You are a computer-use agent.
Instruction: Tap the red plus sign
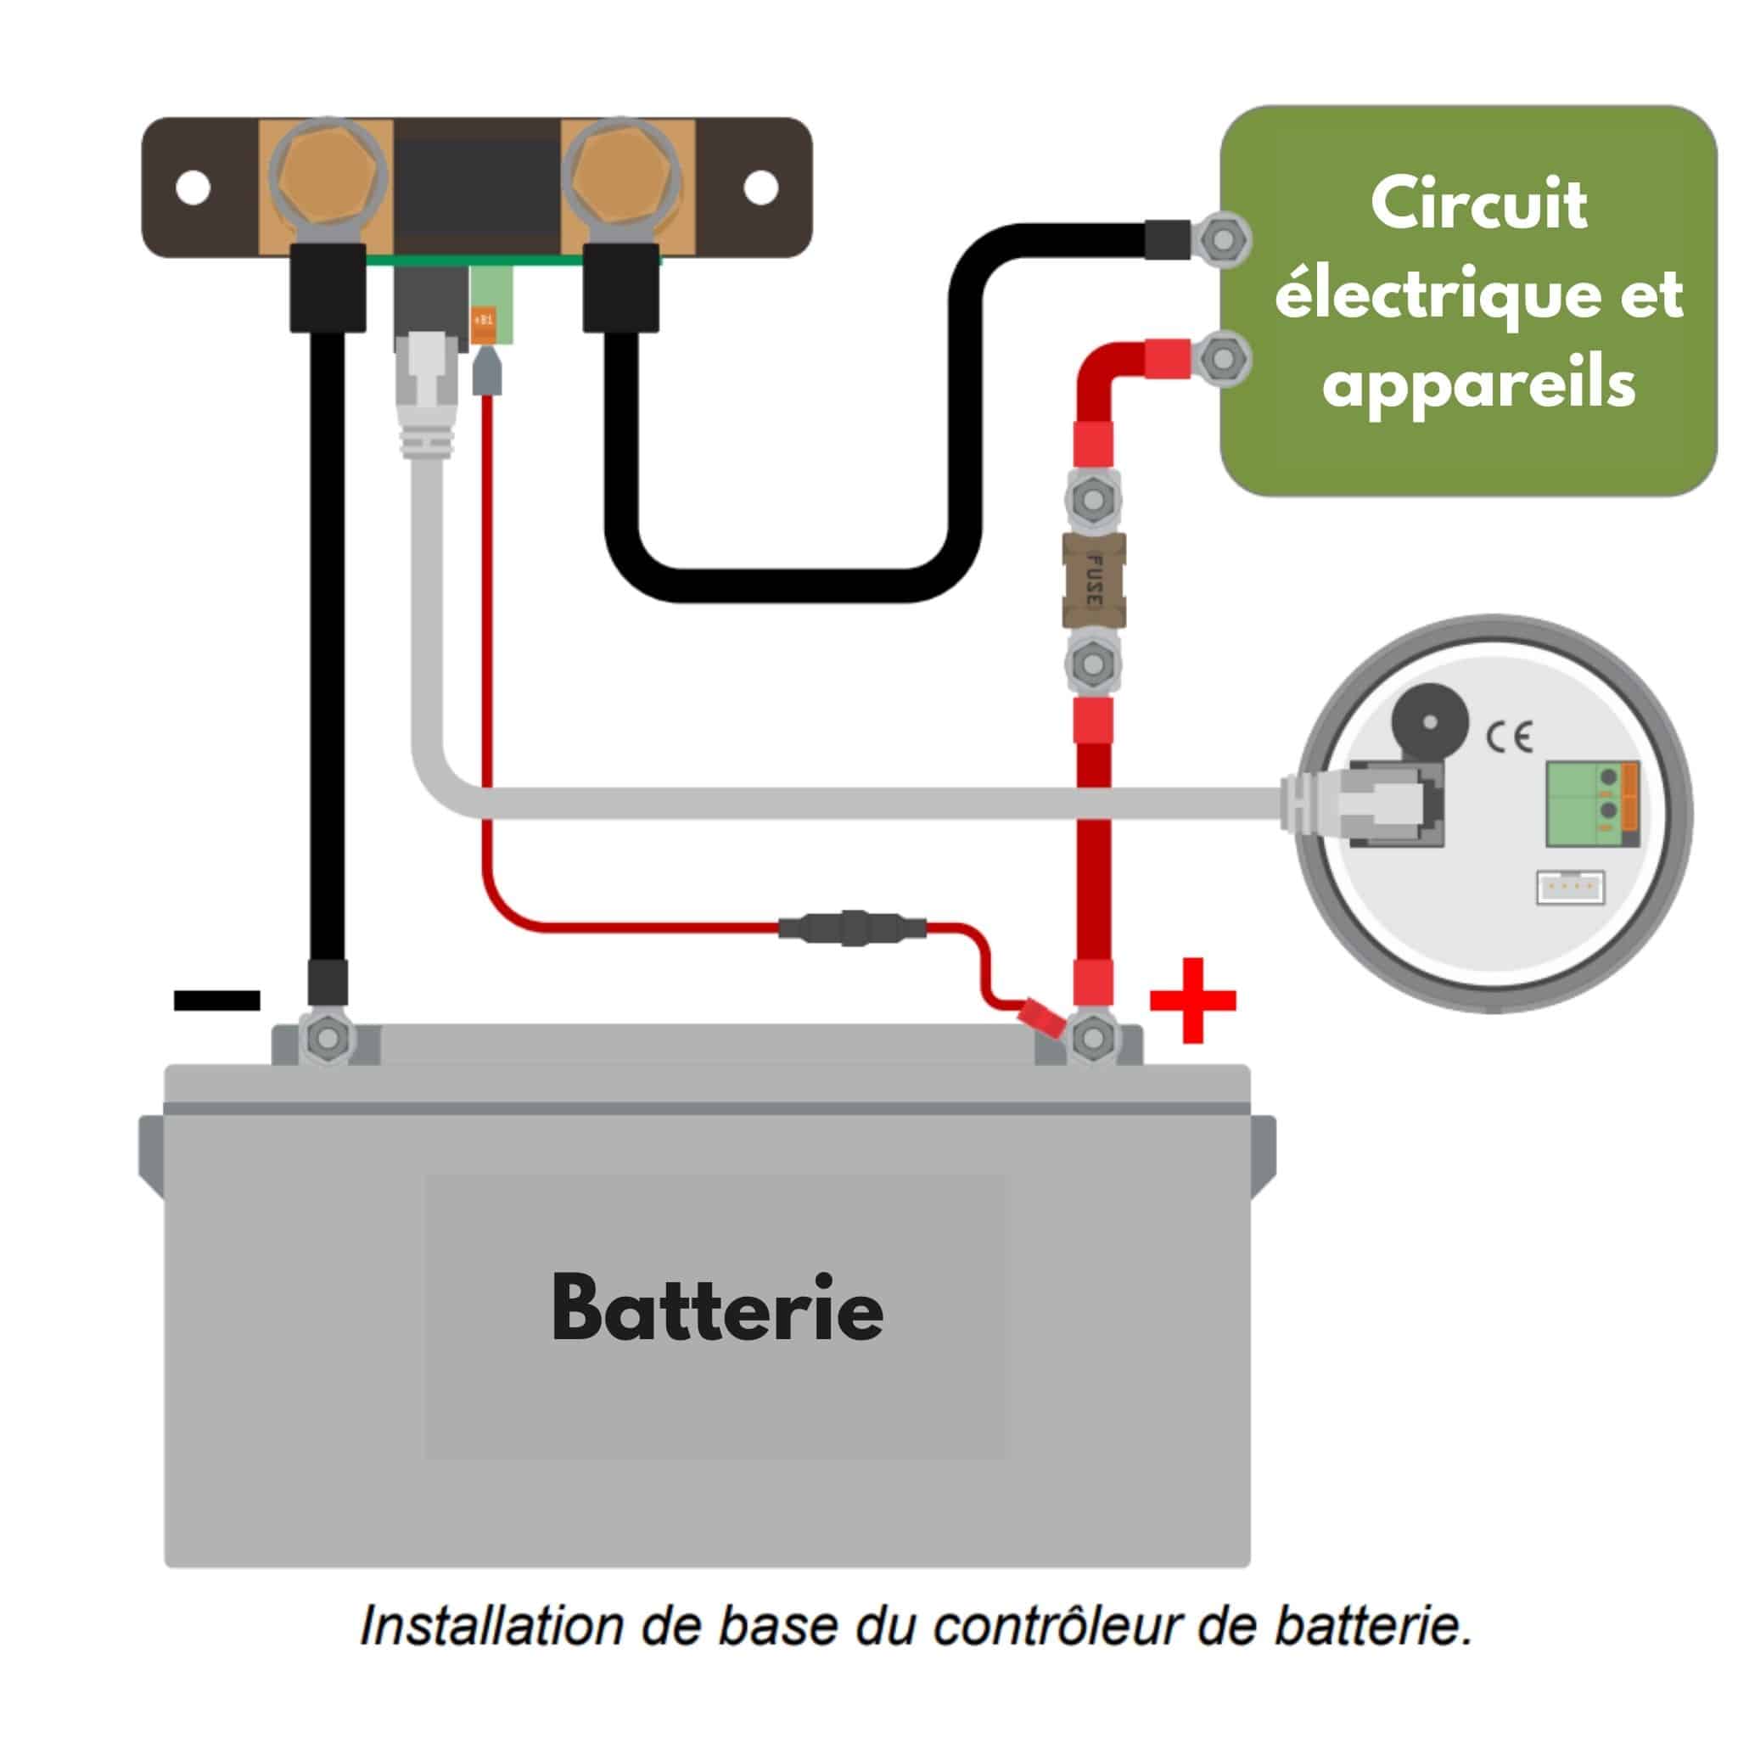point(1193,1001)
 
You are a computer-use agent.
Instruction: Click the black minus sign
point(216,1001)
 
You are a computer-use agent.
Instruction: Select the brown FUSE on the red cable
point(1093,580)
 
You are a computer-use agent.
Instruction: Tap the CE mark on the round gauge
point(1509,737)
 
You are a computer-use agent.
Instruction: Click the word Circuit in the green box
point(1478,205)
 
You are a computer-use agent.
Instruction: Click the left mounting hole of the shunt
point(193,189)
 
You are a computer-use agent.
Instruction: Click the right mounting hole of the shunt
point(761,188)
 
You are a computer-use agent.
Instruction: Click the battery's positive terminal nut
point(1093,1038)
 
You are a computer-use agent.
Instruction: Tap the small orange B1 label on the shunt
point(484,319)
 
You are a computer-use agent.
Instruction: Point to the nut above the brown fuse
point(1093,497)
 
